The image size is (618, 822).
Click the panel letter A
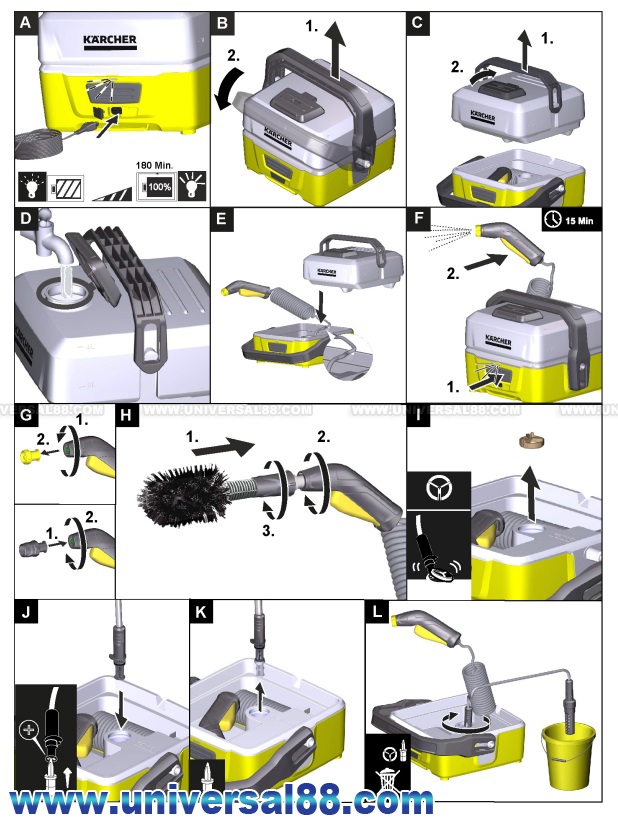pos(24,20)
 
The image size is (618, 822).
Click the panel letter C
pos(419,20)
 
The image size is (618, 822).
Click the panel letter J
pos(24,611)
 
